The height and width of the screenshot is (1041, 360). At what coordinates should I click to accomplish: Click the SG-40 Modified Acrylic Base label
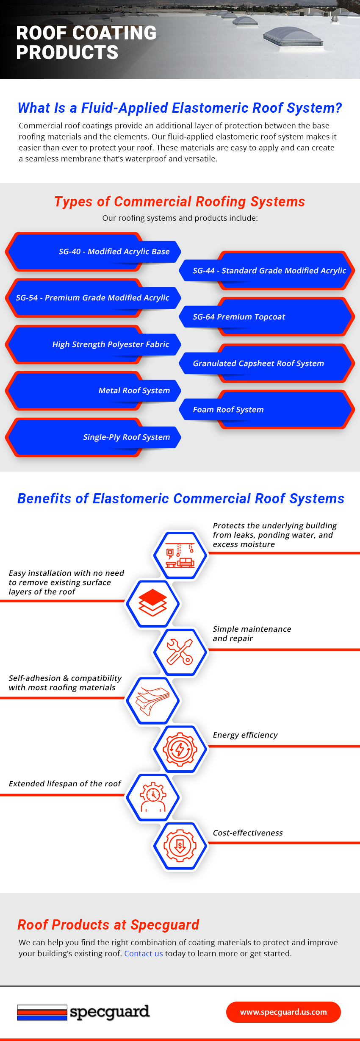(x=114, y=252)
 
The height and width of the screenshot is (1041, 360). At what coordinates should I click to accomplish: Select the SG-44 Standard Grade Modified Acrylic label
(x=269, y=271)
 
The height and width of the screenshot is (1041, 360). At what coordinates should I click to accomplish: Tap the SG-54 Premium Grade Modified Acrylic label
(x=92, y=298)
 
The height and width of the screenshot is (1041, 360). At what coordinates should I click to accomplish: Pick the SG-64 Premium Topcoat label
(x=239, y=317)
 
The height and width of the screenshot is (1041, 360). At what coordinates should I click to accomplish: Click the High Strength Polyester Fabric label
(x=111, y=344)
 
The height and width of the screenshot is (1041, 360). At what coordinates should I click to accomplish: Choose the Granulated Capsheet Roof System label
(x=258, y=364)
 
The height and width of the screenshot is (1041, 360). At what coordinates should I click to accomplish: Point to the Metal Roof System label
(x=134, y=391)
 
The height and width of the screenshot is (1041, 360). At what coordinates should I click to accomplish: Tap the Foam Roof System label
(x=228, y=410)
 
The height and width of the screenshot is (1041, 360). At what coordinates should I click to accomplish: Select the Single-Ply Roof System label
(x=126, y=437)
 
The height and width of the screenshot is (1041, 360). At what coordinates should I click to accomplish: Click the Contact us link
(x=144, y=953)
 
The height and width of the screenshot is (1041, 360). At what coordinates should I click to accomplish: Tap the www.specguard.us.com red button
(x=283, y=1012)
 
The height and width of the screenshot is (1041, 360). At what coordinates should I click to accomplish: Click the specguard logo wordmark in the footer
(x=110, y=1012)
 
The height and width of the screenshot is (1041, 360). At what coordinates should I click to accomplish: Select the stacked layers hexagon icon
(x=152, y=603)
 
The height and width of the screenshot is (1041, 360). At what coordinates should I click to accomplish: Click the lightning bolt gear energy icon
(x=180, y=749)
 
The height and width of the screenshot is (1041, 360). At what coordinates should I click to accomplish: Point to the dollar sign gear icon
(x=180, y=846)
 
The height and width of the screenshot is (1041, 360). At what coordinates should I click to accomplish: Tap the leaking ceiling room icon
(x=180, y=555)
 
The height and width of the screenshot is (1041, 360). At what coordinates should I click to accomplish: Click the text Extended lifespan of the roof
(x=65, y=784)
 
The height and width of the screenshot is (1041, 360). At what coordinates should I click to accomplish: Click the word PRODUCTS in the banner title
(x=67, y=53)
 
